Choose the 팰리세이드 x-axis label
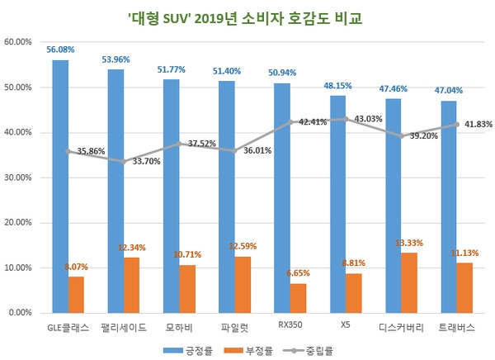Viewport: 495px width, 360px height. tap(124, 325)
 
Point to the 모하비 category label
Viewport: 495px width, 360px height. tap(180, 325)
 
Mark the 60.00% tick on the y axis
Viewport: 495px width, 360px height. tap(19, 41)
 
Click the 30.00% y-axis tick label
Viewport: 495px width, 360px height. tap(19, 178)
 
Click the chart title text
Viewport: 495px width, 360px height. tap(247, 17)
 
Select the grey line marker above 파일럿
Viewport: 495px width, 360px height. tap(234, 150)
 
